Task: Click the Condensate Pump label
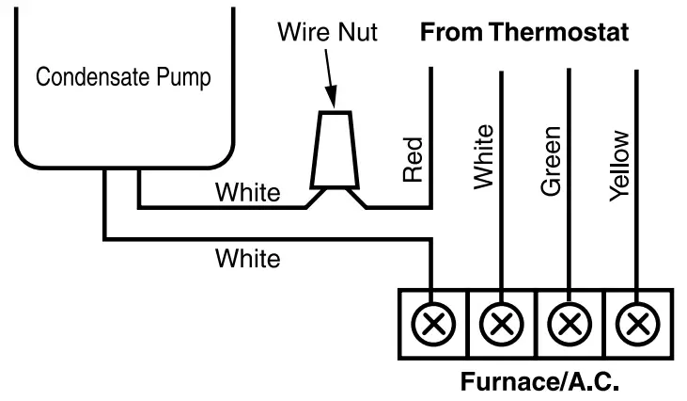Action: coord(123,78)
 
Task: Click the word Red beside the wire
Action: coord(413,160)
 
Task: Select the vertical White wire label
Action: coord(484,156)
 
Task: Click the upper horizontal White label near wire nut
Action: coord(247,194)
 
